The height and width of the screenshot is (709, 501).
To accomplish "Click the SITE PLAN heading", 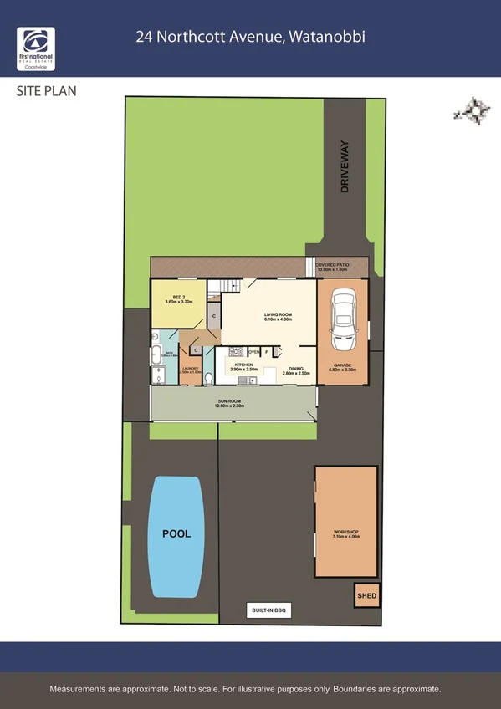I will (47, 90).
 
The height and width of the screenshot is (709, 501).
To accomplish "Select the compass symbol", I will (473, 111).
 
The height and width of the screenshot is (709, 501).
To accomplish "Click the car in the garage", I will (342, 320).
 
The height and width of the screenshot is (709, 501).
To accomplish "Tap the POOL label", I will (176, 533).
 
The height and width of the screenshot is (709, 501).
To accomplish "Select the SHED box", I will (367, 596).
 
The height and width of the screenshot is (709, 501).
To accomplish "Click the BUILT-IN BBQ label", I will (268, 610).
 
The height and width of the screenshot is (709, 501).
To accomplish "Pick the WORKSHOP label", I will (345, 533).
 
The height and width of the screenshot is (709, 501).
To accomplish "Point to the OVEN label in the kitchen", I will (253, 352).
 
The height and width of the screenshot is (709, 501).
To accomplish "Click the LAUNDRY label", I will (190, 370).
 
